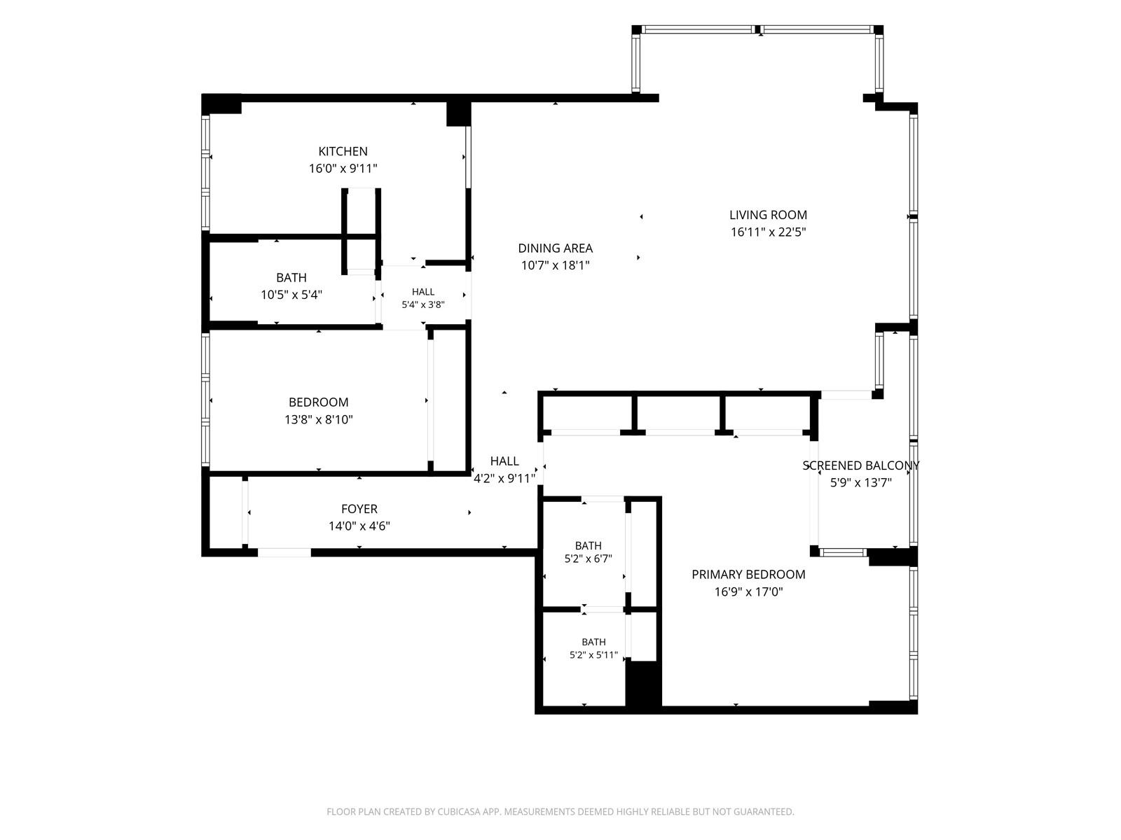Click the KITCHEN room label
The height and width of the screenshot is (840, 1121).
(343, 151)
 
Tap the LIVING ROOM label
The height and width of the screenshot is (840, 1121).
(768, 215)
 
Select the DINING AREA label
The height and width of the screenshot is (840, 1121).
(555, 248)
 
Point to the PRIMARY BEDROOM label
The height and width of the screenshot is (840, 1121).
(748, 575)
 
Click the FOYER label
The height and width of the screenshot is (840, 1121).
(359, 509)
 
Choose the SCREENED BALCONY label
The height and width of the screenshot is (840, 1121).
(860, 465)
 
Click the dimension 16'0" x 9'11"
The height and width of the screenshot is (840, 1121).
(343, 168)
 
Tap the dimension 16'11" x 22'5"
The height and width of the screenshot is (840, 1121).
(768, 232)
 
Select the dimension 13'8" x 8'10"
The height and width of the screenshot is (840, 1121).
(319, 420)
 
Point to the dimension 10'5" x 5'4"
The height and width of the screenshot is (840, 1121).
(291, 295)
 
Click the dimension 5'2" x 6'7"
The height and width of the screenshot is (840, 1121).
(588, 559)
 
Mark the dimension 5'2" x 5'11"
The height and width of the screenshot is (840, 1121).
(593, 655)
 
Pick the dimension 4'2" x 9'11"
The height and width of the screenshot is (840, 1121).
(504, 478)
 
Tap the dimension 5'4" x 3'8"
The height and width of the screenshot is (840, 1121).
(423, 305)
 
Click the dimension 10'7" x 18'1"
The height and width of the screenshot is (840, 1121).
(555, 265)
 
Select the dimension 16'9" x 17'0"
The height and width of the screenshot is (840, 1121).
(748, 591)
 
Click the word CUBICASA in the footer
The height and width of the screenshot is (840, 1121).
(458, 811)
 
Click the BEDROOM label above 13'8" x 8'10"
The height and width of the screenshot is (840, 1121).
(319, 402)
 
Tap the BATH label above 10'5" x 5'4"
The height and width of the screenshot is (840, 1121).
(291, 278)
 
